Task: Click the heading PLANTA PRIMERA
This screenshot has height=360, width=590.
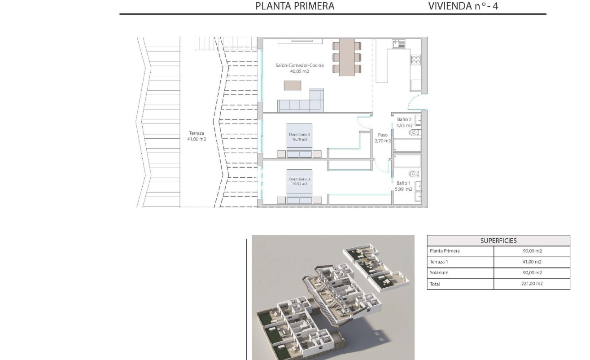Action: pos(295,6)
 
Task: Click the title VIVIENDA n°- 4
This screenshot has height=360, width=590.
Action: pos(463,6)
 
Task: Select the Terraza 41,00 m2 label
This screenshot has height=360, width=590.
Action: pos(197,136)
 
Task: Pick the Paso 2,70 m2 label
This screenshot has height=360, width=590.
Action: pos(382,137)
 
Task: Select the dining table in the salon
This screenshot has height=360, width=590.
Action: pos(347,57)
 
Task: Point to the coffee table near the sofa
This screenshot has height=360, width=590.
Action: pos(293,85)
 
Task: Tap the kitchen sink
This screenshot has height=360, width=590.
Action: pos(398,44)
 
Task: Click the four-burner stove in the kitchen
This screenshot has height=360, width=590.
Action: pos(415,60)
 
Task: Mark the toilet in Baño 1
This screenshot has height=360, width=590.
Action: pos(414,173)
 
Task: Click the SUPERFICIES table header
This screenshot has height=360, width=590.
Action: pos(498,241)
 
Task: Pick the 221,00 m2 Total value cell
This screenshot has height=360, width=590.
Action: pos(532,284)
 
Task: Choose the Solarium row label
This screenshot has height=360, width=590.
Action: pos(439,272)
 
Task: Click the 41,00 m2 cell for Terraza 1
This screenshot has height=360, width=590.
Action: pos(532,262)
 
